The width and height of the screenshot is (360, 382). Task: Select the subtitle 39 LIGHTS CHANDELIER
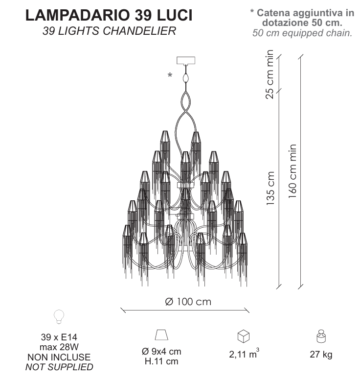tap(109, 31)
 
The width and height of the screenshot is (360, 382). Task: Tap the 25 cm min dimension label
tap(270, 74)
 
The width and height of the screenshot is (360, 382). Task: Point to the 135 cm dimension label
tap(270, 188)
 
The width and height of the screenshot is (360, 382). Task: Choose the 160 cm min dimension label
tap(292, 171)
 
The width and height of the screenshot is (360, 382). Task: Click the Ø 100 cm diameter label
tap(188, 302)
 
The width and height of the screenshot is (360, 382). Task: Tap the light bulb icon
tap(59, 317)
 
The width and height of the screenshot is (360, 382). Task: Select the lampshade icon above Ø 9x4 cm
tap(161, 334)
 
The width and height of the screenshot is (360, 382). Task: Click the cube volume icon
tap(243, 336)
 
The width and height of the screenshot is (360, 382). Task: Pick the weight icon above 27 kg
tap(321, 336)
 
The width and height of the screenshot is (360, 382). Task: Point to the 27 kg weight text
tap(321, 354)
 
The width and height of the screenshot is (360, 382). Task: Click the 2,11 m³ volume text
tap(244, 354)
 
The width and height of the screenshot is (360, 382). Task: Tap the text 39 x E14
tap(59, 337)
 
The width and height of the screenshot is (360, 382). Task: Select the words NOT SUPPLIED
tap(59, 367)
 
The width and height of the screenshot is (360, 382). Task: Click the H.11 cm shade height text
tap(161, 361)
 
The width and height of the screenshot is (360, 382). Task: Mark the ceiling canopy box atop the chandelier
tap(186, 60)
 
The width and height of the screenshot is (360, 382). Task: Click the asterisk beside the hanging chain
tap(170, 75)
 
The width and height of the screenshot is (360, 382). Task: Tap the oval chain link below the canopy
tap(186, 78)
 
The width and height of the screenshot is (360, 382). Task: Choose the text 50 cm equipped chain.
tap(302, 33)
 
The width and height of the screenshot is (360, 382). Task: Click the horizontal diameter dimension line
tap(185, 310)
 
